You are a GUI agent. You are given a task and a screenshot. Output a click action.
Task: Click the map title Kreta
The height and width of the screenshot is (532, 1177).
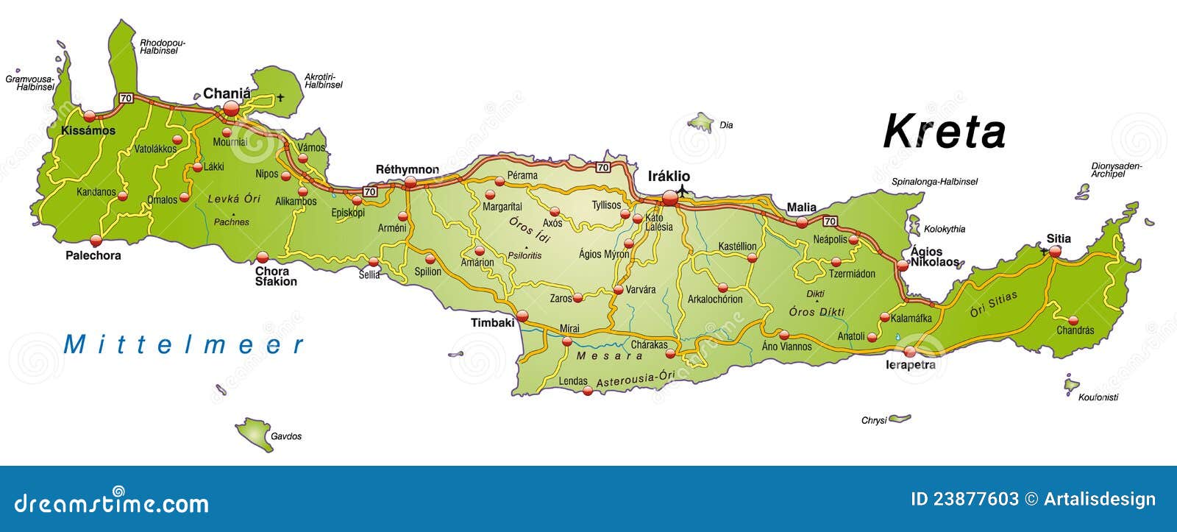[945, 132]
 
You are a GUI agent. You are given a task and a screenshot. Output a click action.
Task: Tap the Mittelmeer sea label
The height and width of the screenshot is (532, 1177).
[184, 344]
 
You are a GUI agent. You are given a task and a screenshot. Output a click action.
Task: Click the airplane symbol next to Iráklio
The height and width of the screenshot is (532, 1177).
[683, 191]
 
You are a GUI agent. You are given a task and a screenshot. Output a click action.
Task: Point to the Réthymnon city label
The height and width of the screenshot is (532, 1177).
[407, 169]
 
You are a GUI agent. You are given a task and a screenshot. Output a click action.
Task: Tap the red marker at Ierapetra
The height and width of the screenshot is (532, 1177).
[911, 351]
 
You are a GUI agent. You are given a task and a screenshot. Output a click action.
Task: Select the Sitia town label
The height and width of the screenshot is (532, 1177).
[1059, 238]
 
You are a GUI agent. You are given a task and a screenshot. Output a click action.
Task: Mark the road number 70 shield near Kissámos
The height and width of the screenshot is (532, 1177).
[126, 98]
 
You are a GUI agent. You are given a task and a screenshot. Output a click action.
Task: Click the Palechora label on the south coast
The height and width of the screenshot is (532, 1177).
[93, 255]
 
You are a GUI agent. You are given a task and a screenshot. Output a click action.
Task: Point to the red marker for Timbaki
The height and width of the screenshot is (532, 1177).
[522, 316]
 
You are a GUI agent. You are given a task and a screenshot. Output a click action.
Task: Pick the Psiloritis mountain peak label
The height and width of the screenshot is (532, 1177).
[525, 255]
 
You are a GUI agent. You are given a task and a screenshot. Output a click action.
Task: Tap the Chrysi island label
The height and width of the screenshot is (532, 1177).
[874, 421]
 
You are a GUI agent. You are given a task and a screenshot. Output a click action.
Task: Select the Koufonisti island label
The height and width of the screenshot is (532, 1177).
[1098, 397]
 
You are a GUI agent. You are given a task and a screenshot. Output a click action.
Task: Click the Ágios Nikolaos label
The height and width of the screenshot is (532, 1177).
[934, 257]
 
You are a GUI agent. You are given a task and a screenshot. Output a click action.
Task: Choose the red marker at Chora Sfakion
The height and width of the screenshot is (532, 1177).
[263, 257]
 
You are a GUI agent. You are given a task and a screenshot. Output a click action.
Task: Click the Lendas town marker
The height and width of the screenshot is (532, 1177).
[587, 391]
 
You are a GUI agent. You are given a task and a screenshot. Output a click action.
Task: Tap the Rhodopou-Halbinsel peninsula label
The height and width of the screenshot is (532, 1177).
[163, 46]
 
